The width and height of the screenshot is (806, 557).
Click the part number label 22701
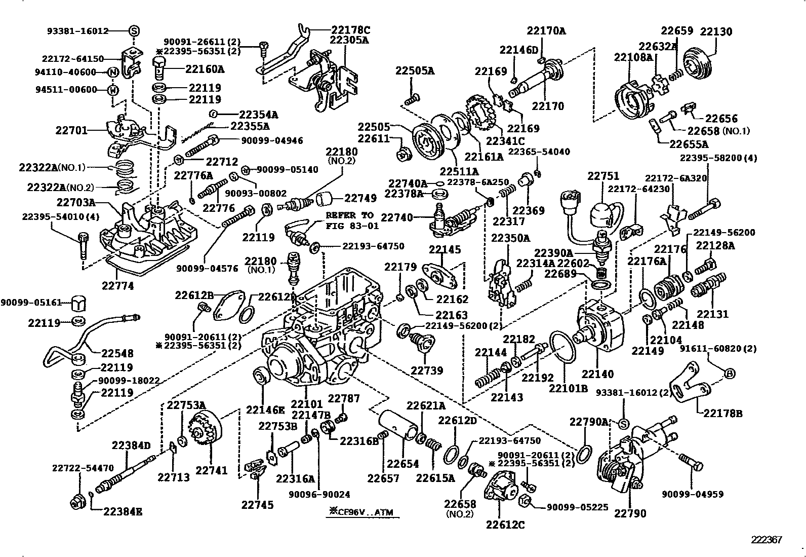click(70, 130)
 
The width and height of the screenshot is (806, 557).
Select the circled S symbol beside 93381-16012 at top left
click(134, 31)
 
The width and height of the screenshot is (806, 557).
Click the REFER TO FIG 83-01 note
click(349, 220)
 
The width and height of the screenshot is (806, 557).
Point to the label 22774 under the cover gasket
click(118, 286)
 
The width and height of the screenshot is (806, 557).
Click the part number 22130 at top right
click(716, 31)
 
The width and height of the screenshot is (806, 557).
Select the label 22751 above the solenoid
click(603, 176)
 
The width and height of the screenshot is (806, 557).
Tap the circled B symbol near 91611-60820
click(730, 374)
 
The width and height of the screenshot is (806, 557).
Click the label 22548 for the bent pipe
click(117, 353)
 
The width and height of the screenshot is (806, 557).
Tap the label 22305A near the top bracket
click(349, 40)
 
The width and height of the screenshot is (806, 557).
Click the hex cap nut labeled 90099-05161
click(78, 303)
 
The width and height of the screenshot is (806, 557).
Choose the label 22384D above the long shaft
click(131, 445)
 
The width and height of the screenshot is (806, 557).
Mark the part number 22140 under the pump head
click(597, 374)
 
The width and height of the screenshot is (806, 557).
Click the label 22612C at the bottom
click(505, 525)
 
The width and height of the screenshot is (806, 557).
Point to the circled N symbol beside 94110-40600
click(113, 72)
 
